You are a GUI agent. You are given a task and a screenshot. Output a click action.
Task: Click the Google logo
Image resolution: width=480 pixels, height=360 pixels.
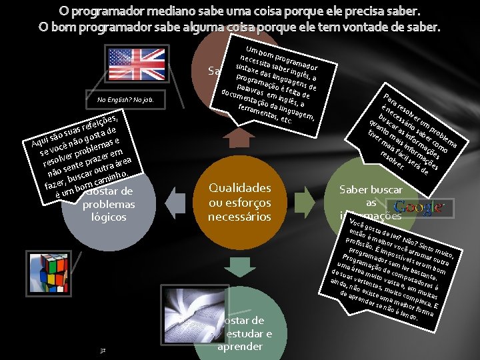[x=419, y=207]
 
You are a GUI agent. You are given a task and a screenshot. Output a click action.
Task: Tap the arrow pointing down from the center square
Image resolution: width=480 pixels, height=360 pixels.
[x=239, y=265]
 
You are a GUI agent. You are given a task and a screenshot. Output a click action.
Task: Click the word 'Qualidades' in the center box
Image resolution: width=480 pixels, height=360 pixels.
[x=239, y=188]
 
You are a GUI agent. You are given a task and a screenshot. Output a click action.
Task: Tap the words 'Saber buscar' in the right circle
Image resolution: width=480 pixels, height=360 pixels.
[x=371, y=189]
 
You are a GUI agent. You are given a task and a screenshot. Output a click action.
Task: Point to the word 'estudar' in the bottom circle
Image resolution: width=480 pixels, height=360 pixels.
[x=247, y=334]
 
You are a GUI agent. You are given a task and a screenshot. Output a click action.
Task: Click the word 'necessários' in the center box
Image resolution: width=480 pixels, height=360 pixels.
[x=239, y=216]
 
